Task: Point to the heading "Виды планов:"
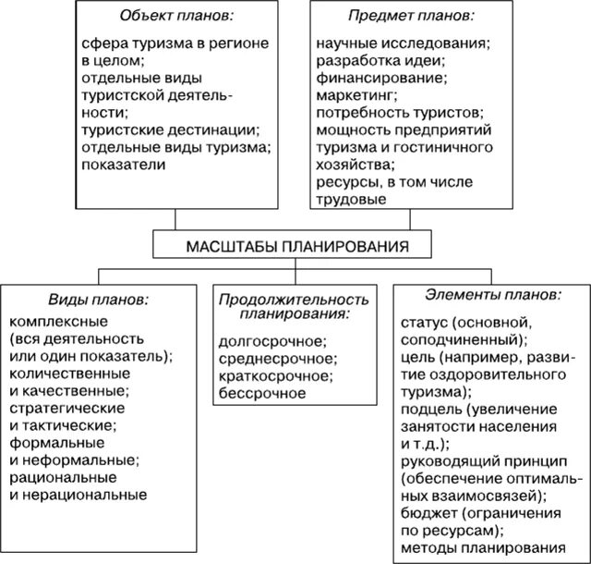98,301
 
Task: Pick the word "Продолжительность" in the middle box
295,300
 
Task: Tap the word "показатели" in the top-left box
123,165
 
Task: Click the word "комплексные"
58,321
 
